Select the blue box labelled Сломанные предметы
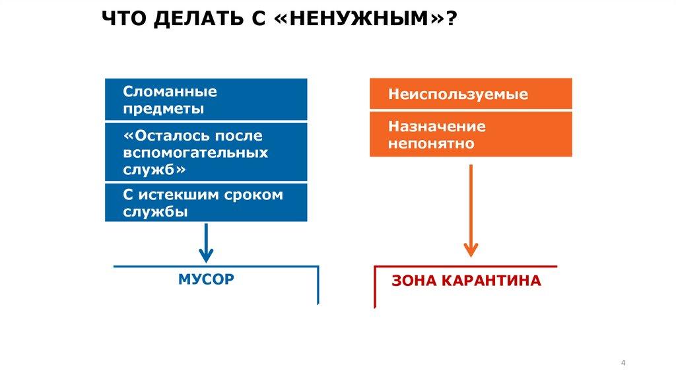tap(206, 99)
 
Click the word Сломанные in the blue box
tap(170, 92)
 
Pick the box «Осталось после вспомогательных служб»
tap(206, 153)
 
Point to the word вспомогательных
tap(195, 153)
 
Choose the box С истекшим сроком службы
tap(206, 203)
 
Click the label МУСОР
tap(206, 279)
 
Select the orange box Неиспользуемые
tap(471, 94)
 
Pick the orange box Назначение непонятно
tap(471, 135)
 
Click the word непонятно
tap(431, 143)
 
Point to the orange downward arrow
tap(471, 211)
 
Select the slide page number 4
tap(624, 364)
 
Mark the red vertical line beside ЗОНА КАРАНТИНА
tap(375, 287)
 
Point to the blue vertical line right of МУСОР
tap(318, 285)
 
